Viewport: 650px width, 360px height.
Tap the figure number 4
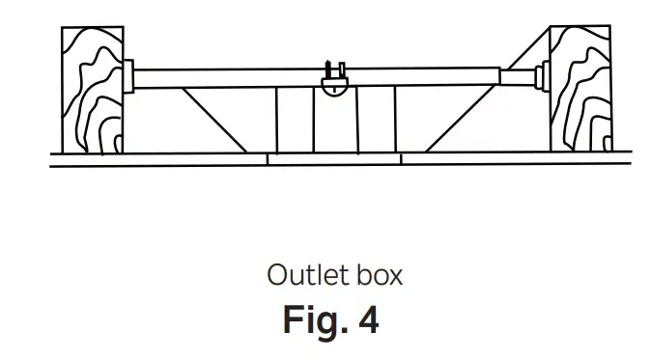pos(368,320)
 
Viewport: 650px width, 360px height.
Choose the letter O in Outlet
pos(277,275)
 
